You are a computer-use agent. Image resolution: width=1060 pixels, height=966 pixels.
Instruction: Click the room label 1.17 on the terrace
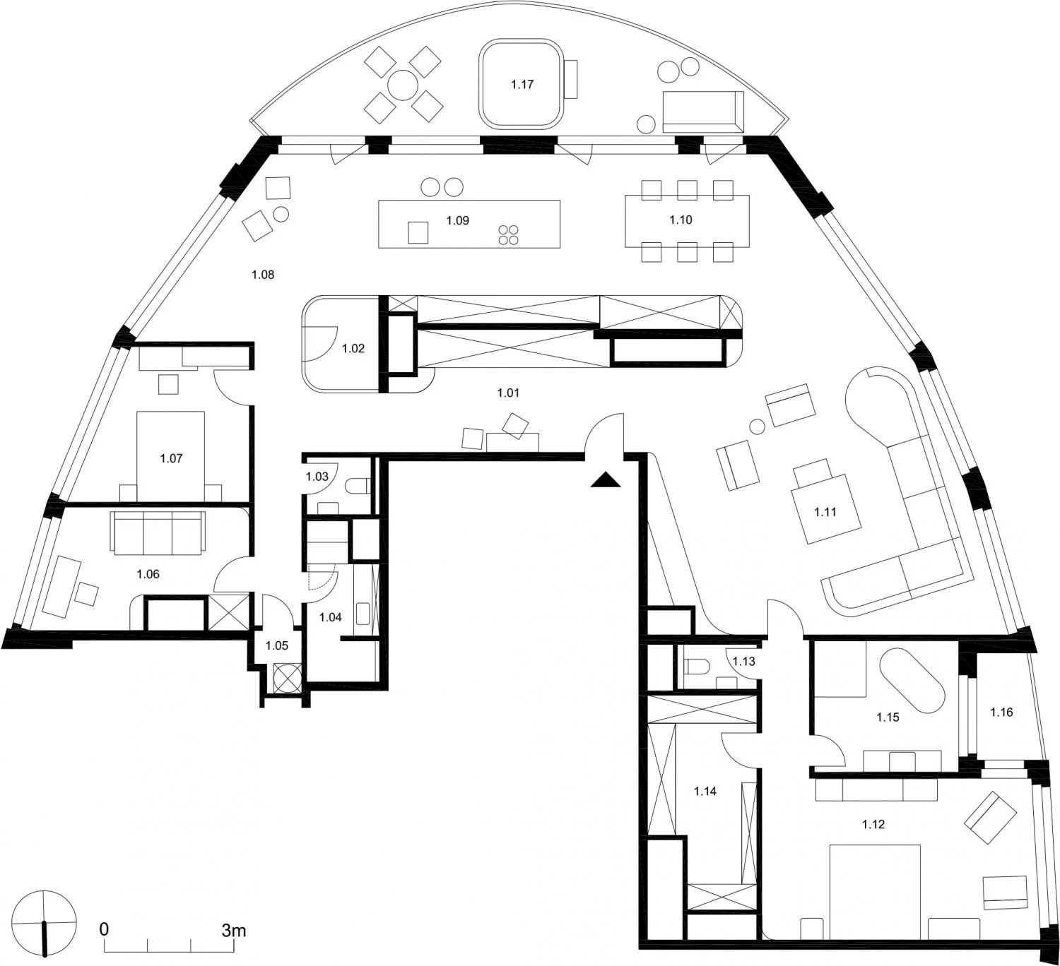522,85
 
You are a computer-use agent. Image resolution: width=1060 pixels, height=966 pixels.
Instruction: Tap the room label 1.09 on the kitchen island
458,220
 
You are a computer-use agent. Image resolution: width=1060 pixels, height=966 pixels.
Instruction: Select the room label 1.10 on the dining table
681,220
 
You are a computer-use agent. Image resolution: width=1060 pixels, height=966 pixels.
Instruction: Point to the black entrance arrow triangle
605,480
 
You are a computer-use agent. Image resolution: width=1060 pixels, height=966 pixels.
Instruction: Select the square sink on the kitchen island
418,232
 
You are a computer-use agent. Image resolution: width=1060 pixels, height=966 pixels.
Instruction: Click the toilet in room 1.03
358,486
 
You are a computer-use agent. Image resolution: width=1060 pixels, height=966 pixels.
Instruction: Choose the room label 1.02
353,348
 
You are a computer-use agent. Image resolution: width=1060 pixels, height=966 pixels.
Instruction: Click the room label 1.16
1001,712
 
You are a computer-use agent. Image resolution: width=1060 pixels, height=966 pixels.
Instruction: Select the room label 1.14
705,792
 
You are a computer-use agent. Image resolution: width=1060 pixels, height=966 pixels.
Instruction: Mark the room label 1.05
277,645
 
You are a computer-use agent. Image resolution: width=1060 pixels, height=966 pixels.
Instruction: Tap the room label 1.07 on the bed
171,458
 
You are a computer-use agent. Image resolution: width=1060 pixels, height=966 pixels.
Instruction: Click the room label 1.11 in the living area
825,512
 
